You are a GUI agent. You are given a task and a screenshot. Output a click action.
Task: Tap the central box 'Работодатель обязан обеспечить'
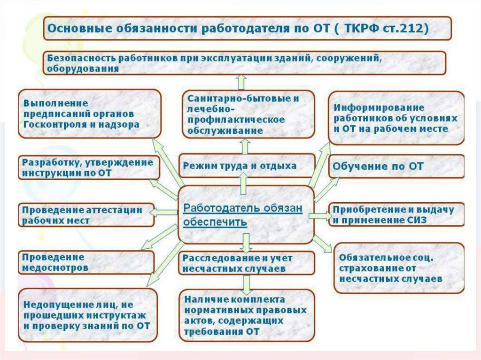pyautogui.click(x=246, y=214)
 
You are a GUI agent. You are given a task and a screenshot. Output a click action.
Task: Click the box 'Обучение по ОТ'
pyautogui.click(x=396, y=167)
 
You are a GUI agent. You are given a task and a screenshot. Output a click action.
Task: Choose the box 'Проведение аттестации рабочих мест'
pyautogui.click(x=86, y=215)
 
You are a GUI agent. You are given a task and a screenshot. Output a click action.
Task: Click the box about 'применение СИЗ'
pyautogui.click(x=396, y=214)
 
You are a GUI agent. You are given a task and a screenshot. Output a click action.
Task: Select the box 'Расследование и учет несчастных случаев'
pyautogui.click(x=246, y=263)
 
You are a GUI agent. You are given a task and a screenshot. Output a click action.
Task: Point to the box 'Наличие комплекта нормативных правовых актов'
pyautogui.click(x=246, y=315)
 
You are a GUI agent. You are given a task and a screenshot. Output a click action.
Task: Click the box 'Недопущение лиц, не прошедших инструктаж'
pyautogui.click(x=88, y=315)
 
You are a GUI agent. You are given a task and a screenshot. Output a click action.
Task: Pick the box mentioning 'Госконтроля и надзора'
pyautogui.click(x=89, y=114)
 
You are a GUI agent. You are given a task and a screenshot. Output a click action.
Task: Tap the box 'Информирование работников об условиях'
pyautogui.click(x=396, y=118)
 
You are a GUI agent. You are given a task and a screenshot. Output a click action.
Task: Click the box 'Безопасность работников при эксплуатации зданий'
pyautogui.click(x=245, y=63)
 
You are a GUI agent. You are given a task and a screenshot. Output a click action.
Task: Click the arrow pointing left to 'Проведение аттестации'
pyautogui.click(x=163, y=213)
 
